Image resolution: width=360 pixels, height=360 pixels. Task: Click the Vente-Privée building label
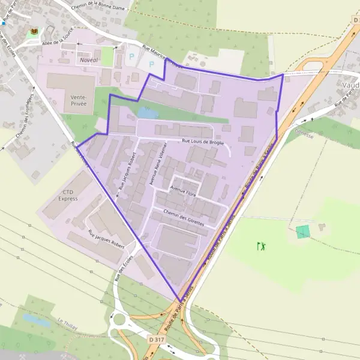point(79,100)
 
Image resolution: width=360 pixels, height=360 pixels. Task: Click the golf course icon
point(261,246)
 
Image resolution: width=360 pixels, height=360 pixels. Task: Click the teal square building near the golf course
point(304,232)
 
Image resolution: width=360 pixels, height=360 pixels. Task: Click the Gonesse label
point(304,135)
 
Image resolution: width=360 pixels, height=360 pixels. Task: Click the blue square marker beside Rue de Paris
point(3,23)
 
